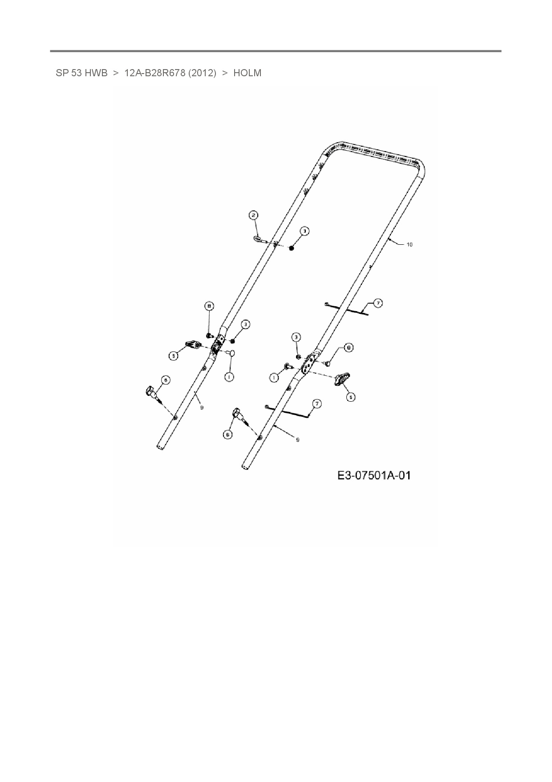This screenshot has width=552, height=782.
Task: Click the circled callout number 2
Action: click(x=253, y=216)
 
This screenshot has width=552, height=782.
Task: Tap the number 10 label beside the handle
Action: click(x=410, y=244)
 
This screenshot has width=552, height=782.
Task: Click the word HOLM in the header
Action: click(x=247, y=73)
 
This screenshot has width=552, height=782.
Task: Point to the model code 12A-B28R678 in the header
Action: click(x=154, y=73)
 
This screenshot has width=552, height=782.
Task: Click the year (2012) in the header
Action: click(x=202, y=73)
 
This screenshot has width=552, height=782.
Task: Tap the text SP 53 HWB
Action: click(x=81, y=73)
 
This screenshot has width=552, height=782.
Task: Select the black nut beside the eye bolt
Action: click(x=292, y=248)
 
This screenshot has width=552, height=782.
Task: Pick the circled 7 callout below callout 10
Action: click(x=377, y=303)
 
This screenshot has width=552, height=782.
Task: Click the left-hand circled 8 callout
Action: click(x=209, y=306)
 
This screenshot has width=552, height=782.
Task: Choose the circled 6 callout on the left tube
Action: click(x=165, y=380)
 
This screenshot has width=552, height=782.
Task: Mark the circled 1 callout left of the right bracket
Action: click(x=274, y=377)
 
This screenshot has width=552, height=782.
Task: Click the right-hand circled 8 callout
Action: click(x=349, y=347)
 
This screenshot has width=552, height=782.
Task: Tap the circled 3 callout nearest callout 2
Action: click(x=304, y=231)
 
